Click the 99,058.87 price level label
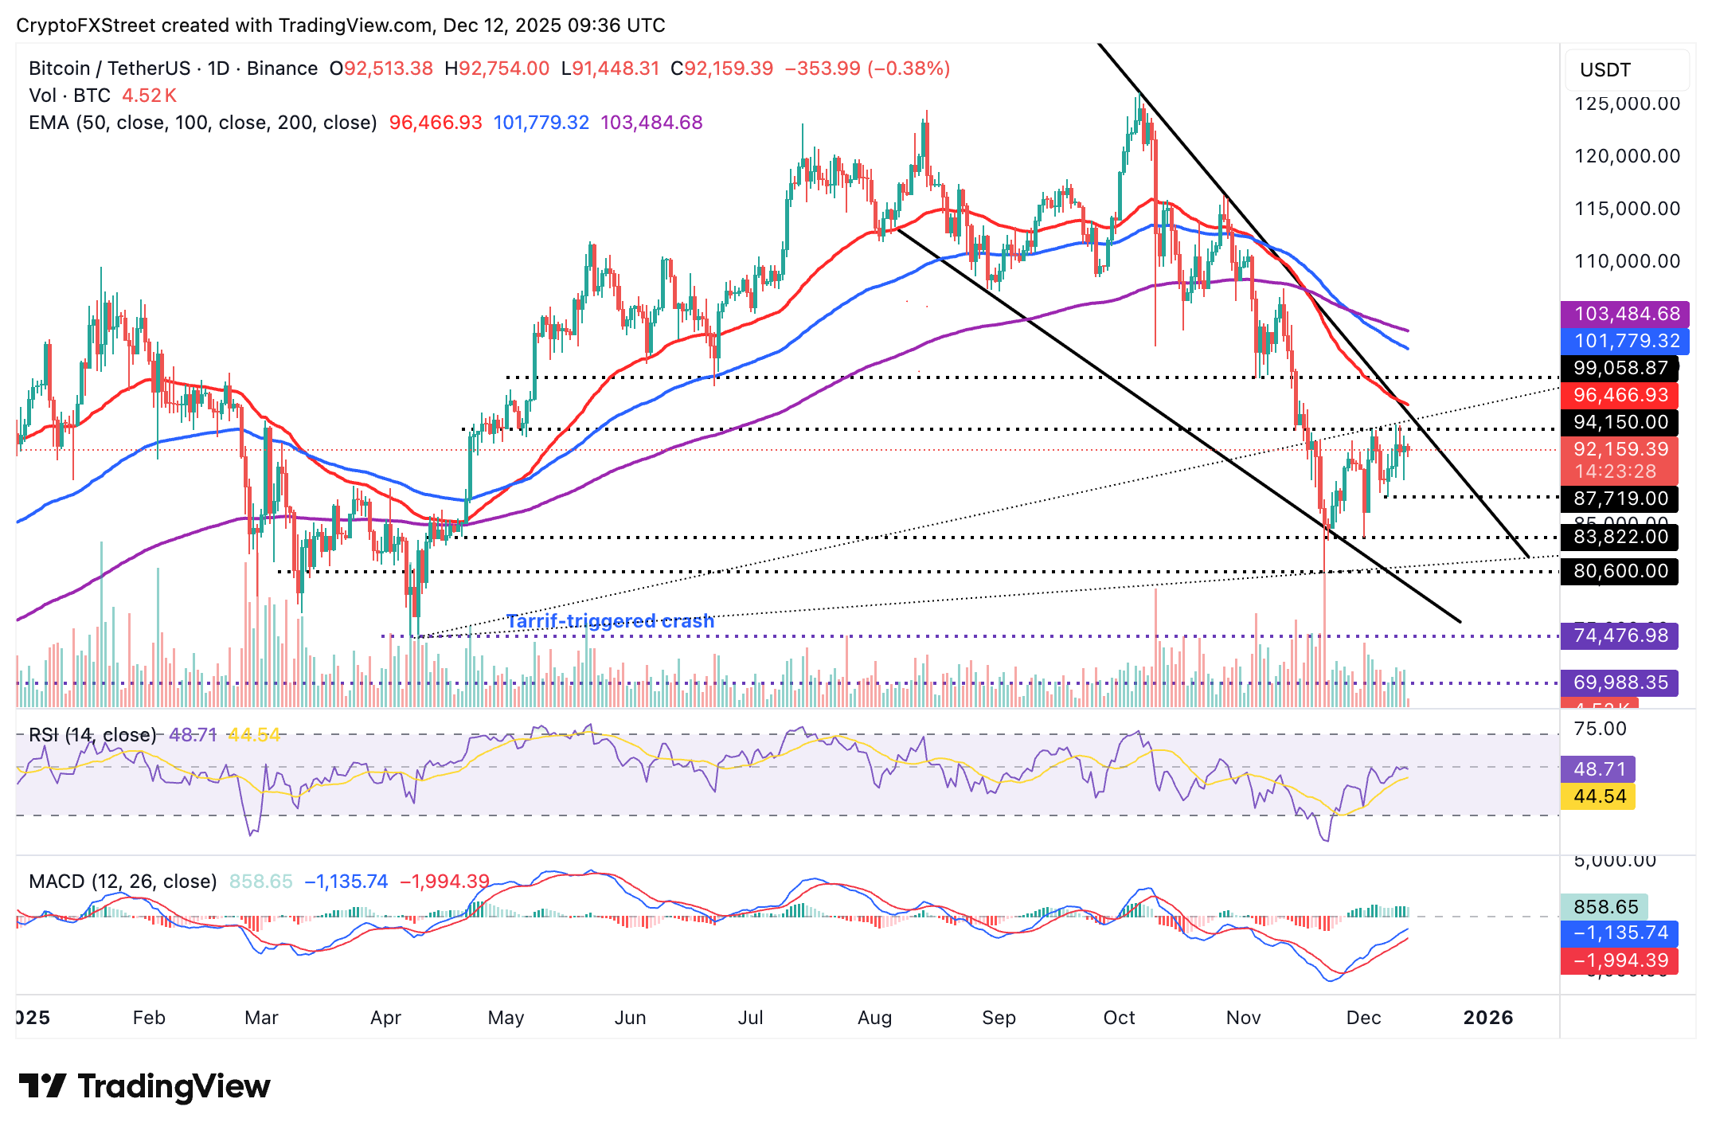1620,368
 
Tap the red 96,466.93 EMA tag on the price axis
1620,395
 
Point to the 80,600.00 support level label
1620,571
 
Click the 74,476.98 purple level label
1620,635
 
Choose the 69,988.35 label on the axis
1620,682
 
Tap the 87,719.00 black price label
1620,499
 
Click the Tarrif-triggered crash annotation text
610,621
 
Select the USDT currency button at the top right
1624,70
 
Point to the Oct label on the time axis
1119,1018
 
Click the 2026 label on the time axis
1487,1018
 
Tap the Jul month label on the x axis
750,1018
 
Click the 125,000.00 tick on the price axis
1627,104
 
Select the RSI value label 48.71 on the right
1599,769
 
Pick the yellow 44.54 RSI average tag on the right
1599,796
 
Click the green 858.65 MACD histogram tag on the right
1605,907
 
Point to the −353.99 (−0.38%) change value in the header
867,68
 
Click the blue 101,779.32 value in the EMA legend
541,123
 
